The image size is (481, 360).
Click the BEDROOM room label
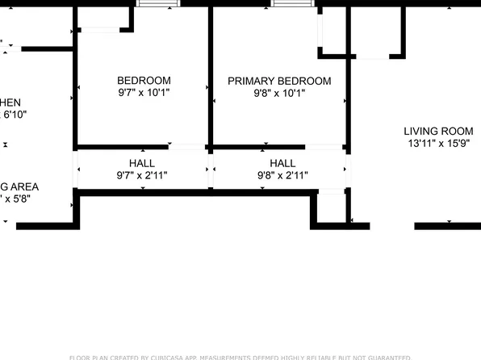[x=144, y=81]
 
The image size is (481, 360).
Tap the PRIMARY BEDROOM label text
[x=278, y=81]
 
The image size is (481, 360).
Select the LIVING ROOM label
[x=438, y=132]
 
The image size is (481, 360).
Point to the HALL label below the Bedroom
[x=142, y=163]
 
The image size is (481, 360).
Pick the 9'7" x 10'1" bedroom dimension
[x=144, y=93]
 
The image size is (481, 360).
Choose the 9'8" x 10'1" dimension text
[x=278, y=93]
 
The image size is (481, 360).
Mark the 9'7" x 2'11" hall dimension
[x=142, y=175]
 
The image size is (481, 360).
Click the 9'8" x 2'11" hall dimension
[x=282, y=175]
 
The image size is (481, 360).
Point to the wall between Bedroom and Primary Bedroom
[x=210, y=77]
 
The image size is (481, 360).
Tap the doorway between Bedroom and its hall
[x=187, y=147]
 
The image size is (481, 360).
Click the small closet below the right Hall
[x=331, y=207]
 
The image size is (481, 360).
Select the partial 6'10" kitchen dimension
[x=15, y=115]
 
